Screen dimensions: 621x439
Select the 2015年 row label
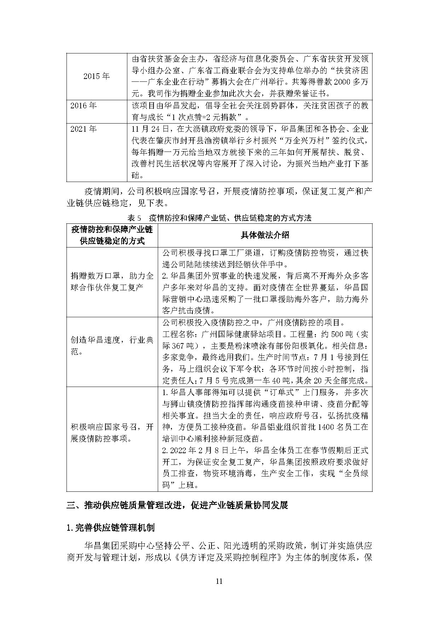(x=97, y=76)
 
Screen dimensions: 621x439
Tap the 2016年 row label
(x=83, y=106)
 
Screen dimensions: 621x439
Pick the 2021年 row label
(x=83, y=129)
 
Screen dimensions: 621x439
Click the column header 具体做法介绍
(x=265, y=235)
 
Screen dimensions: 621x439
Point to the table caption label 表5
(x=134, y=218)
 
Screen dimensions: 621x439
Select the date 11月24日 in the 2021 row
(x=148, y=129)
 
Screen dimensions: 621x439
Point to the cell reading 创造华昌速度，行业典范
(x=112, y=346)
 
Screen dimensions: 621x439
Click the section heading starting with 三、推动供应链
(x=177, y=505)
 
